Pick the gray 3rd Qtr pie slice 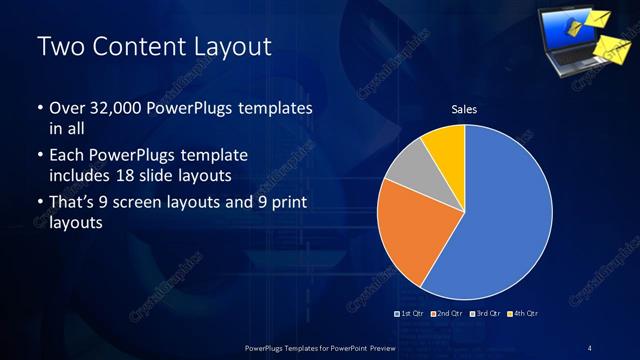409,169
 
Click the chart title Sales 463,109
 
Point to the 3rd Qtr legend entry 485,314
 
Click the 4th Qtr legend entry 525,314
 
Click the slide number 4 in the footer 589,347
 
